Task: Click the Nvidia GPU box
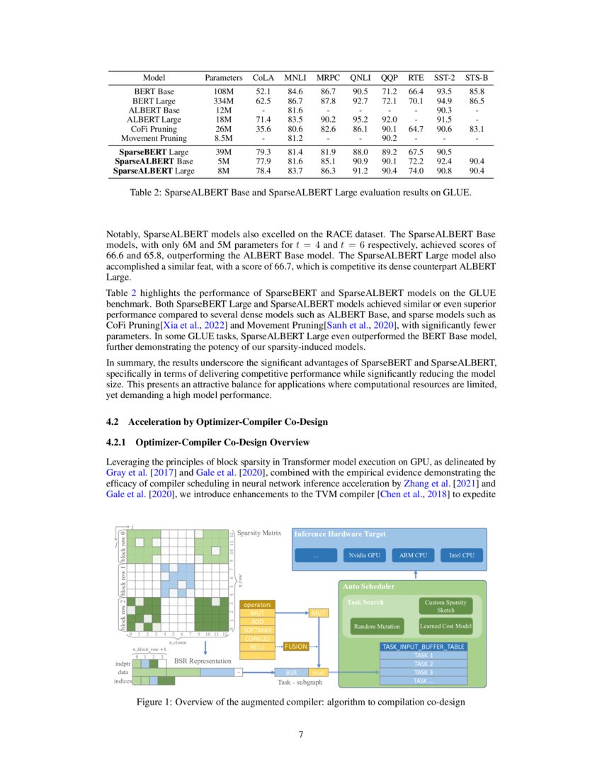(365, 555)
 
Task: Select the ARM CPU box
(414, 555)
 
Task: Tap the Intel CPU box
(462, 555)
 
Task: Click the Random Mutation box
(377, 626)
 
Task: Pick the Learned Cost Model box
(445, 626)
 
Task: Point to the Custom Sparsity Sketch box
(445, 605)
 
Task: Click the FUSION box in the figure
(296, 646)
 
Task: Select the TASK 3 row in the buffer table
(424, 672)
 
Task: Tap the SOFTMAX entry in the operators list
(257, 630)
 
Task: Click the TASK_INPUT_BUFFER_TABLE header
(424, 647)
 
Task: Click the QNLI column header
(360, 77)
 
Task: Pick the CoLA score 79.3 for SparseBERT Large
(263, 152)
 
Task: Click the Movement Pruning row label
(154, 139)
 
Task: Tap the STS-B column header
(477, 77)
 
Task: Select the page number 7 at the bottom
(301, 734)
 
